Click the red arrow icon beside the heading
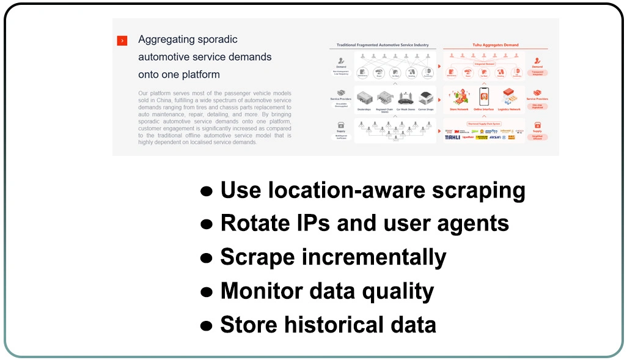tap(122, 40)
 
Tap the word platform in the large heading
tap(197, 75)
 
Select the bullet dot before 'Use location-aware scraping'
tap(207, 191)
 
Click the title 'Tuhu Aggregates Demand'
tap(495, 45)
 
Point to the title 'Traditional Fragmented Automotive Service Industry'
tap(383, 45)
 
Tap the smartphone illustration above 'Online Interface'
tap(485, 96)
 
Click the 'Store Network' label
tap(458, 110)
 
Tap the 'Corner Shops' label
tap(426, 110)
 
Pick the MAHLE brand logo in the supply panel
tap(453, 138)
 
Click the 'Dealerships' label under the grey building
tap(365, 110)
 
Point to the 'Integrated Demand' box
tap(485, 64)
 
